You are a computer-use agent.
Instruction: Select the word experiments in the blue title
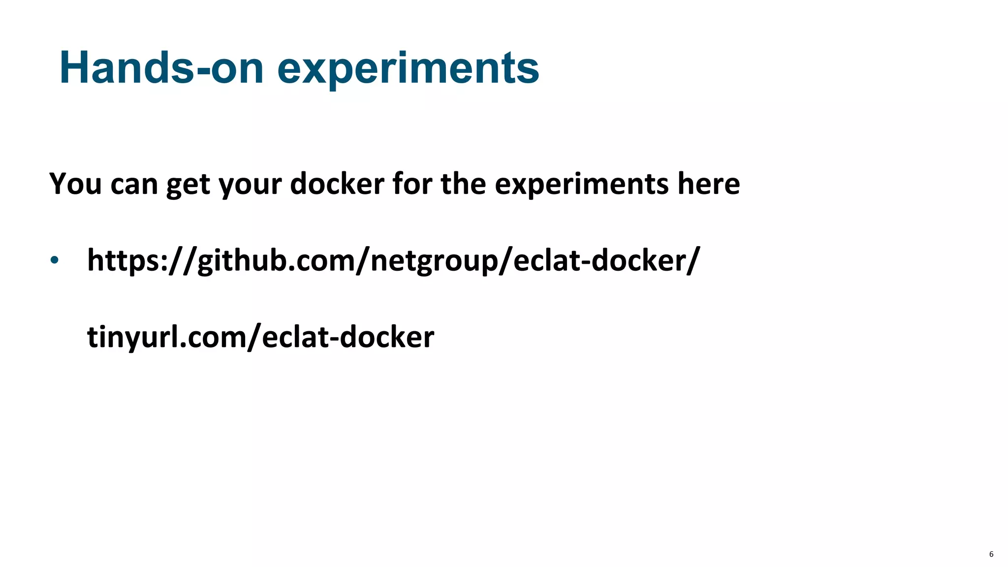(x=408, y=69)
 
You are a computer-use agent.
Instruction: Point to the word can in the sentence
(x=134, y=185)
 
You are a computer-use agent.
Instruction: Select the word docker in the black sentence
(x=337, y=184)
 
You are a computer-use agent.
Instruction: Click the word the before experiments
(x=463, y=184)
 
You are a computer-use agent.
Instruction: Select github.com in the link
(x=276, y=260)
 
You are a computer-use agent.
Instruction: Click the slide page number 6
(x=991, y=554)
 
